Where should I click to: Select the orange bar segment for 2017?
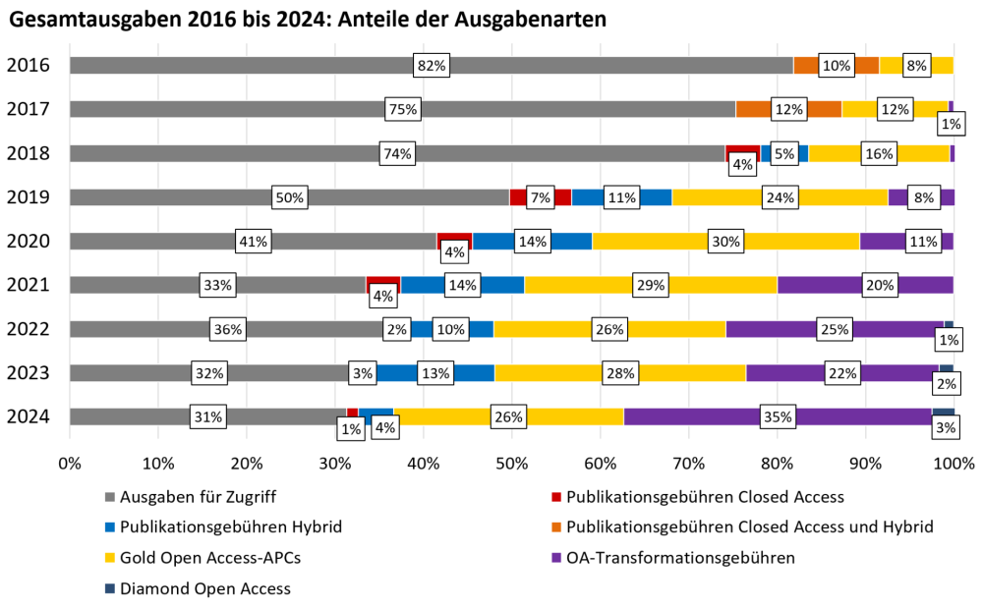click(x=753, y=109)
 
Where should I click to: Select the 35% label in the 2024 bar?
click(x=779, y=417)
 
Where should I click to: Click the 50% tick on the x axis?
click(x=511, y=462)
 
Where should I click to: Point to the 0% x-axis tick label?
click(x=70, y=462)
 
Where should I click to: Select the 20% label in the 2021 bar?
click(x=879, y=286)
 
